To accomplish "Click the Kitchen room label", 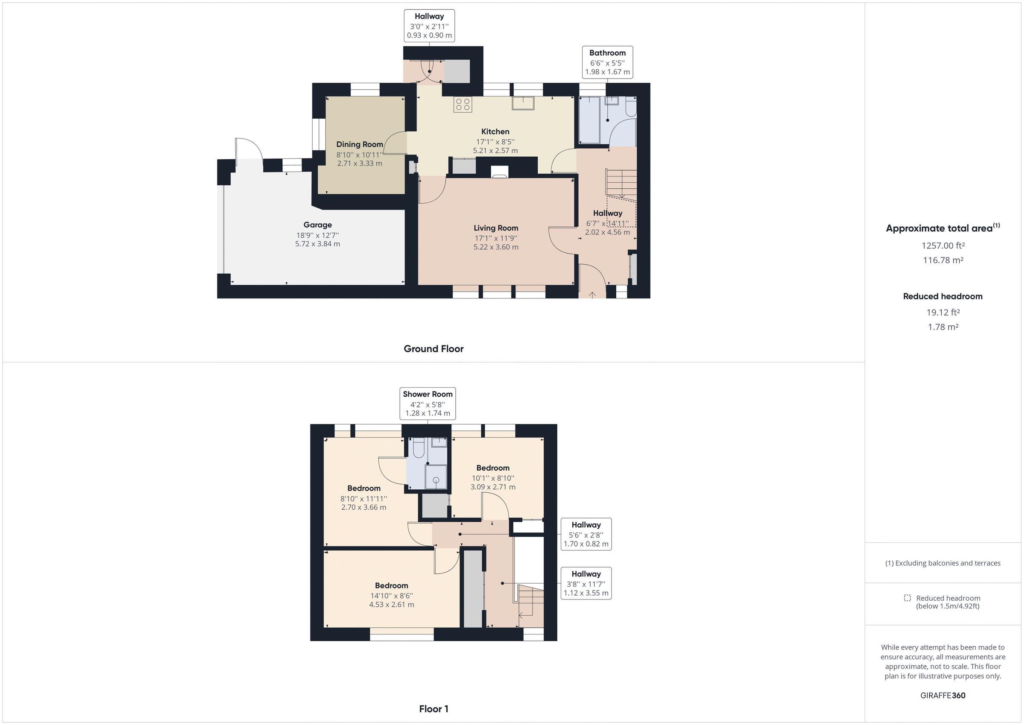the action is (x=495, y=132).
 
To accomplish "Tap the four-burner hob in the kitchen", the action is (x=463, y=105).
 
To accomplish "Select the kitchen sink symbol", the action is (x=523, y=103).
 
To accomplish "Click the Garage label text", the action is (x=317, y=225).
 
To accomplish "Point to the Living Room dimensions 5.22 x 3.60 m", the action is (x=495, y=247).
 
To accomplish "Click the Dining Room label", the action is (x=359, y=144).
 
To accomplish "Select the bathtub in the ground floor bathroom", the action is (x=589, y=120).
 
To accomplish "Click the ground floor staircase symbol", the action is (x=621, y=183).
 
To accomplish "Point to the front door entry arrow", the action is (x=592, y=295).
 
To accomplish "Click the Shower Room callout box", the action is (x=427, y=403).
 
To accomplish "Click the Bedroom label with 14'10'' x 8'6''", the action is (x=391, y=586).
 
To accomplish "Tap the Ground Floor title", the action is (x=433, y=349).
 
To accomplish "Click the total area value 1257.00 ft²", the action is (x=943, y=246).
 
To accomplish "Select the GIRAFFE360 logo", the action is (x=943, y=695).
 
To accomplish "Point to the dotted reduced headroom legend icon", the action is (x=907, y=598).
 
